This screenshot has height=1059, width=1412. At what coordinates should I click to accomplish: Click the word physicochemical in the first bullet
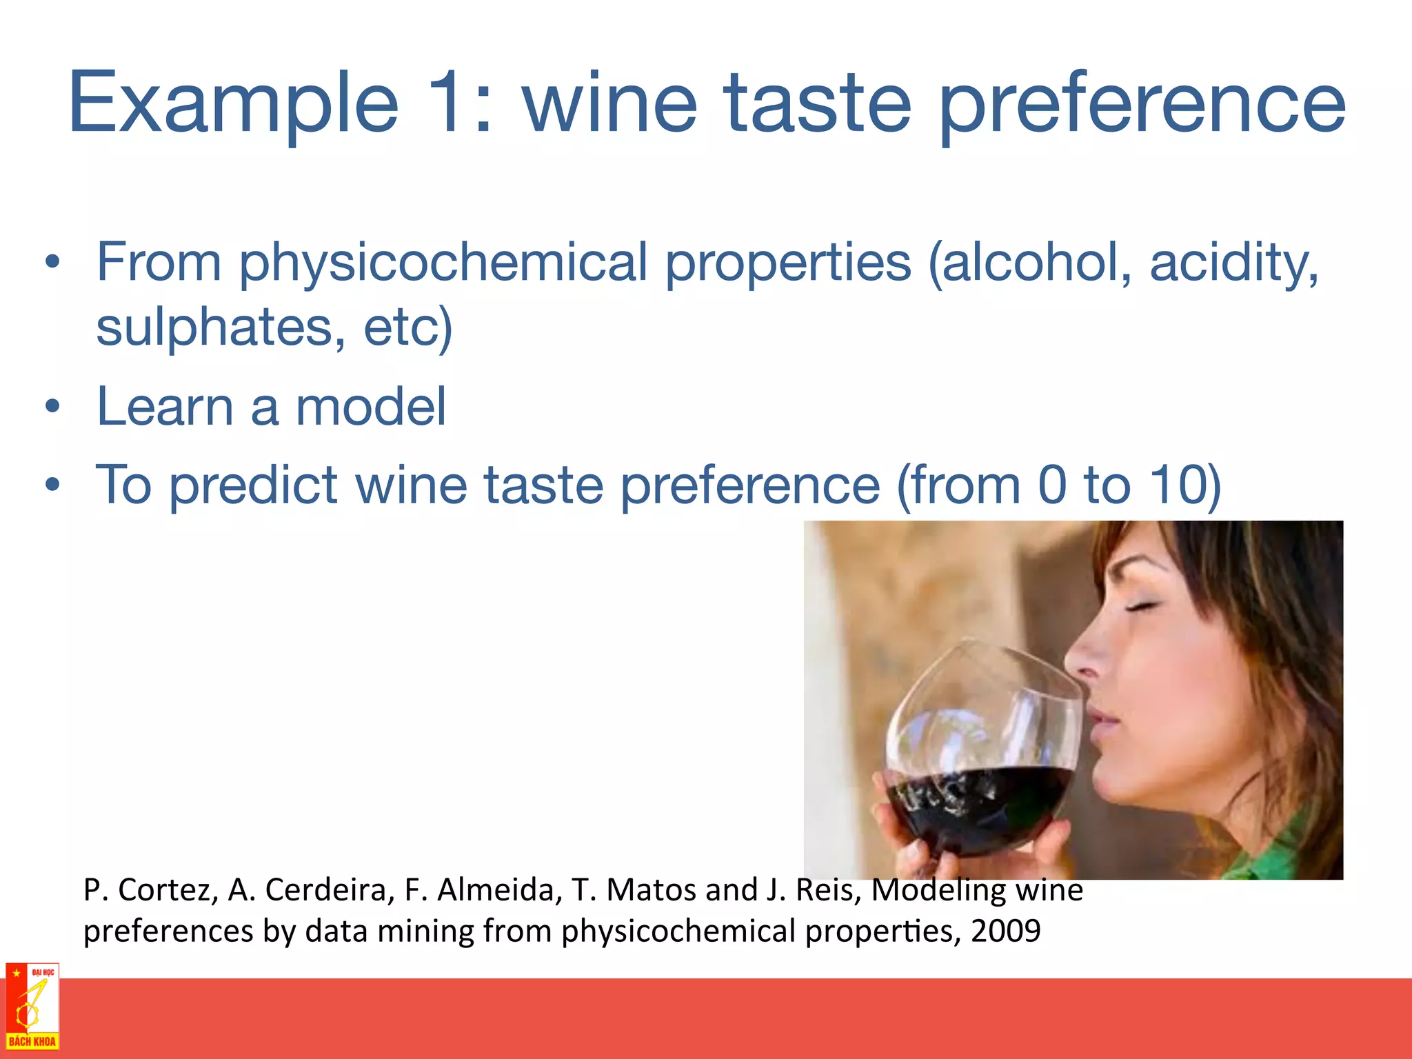443,263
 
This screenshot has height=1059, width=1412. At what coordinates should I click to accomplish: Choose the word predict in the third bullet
253,485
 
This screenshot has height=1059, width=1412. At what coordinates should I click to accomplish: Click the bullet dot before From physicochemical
52,263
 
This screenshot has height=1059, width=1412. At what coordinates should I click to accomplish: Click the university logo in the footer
32,1007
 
